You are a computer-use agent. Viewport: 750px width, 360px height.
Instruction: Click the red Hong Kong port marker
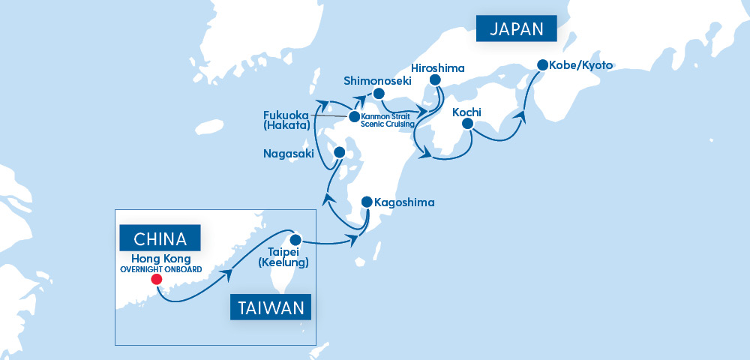[156, 280]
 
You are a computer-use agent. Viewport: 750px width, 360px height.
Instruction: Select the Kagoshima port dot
[366, 202]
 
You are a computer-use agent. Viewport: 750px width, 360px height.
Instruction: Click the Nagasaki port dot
[338, 151]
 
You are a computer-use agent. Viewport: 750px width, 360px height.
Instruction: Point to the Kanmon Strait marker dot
[354, 117]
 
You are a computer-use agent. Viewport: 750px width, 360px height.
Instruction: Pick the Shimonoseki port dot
[379, 94]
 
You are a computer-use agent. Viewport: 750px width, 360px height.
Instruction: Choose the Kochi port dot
[469, 126]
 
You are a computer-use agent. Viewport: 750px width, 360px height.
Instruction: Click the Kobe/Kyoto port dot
[542, 65]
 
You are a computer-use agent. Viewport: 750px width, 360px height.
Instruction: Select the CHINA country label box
[159, 239]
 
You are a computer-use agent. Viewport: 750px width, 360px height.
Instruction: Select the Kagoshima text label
[404, 202]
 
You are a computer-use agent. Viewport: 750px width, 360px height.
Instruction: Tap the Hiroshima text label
[439, 68]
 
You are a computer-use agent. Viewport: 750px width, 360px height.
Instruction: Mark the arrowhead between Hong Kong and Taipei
[224, 276]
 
